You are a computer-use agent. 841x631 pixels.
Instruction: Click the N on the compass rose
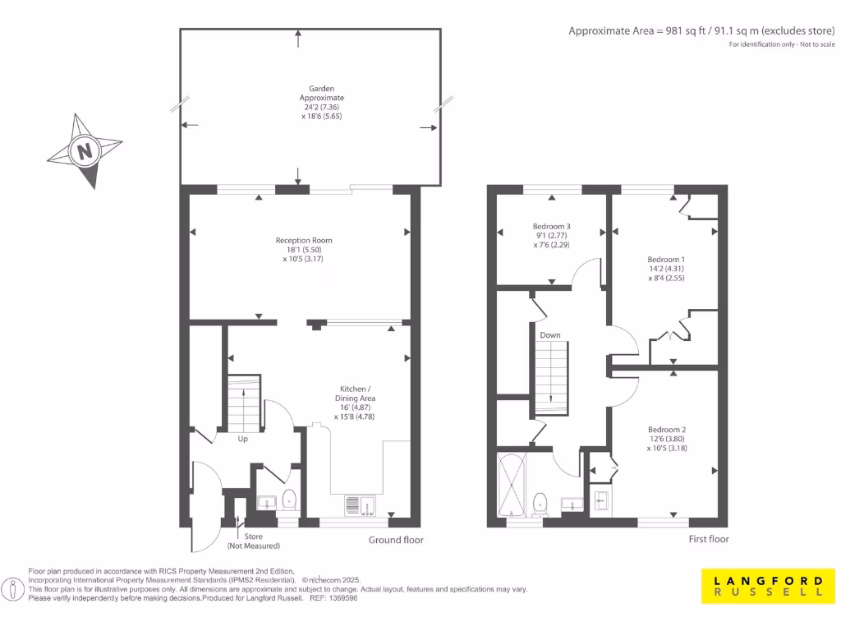84,151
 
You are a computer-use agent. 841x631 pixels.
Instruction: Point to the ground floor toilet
289,500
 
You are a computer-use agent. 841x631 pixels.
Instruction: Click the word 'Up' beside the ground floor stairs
242,439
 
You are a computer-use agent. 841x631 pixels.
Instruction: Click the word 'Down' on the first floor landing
550,335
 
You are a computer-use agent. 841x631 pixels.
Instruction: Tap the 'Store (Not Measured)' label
253,541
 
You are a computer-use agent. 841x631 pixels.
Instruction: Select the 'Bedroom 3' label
552,227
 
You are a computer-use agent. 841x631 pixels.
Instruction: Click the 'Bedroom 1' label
666,260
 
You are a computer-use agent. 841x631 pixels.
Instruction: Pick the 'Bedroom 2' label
666,430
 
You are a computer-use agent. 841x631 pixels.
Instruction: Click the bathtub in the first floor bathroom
512,484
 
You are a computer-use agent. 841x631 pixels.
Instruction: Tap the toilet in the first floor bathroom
540,502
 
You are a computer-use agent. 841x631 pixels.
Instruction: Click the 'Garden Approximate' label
321,93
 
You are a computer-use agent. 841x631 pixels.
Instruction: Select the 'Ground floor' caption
396,540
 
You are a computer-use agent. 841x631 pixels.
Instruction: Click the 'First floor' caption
708,539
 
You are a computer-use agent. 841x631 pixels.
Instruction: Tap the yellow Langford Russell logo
763,585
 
